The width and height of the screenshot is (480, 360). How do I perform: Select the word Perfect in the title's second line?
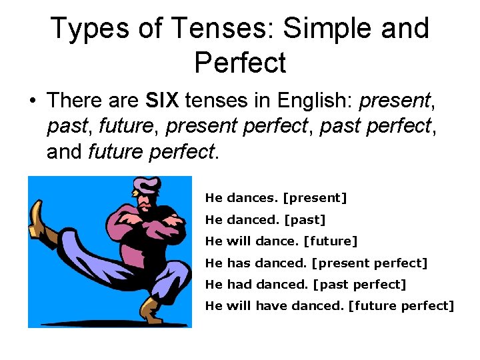coord(240,63)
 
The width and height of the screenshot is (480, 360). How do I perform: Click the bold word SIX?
coord(163,101)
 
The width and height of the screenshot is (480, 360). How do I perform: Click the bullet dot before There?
coord(31,102)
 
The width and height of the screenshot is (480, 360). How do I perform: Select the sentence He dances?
coord(241,198)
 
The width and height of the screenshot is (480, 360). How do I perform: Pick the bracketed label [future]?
coord(330,241)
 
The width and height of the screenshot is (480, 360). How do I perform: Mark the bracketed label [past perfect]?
coord(359,285)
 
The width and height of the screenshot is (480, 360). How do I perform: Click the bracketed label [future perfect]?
coord(401,306)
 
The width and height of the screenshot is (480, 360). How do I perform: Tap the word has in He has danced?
coord(238,263)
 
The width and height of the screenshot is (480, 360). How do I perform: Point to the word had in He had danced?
coord(238,285)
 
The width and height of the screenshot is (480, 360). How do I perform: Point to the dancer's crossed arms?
coord(148,220)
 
